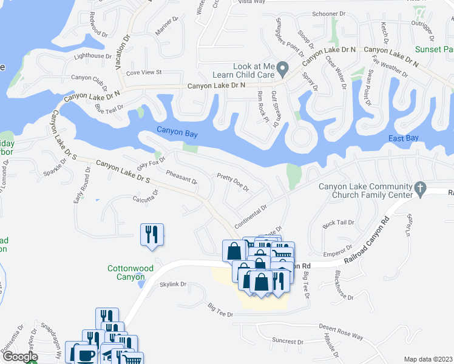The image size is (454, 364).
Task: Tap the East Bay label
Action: [x=404, y=139]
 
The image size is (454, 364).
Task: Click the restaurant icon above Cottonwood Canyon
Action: [x=152, y=234]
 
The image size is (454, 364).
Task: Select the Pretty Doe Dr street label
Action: [x=233, y=182]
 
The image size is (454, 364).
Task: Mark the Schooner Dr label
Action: [x=328, y=30]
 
